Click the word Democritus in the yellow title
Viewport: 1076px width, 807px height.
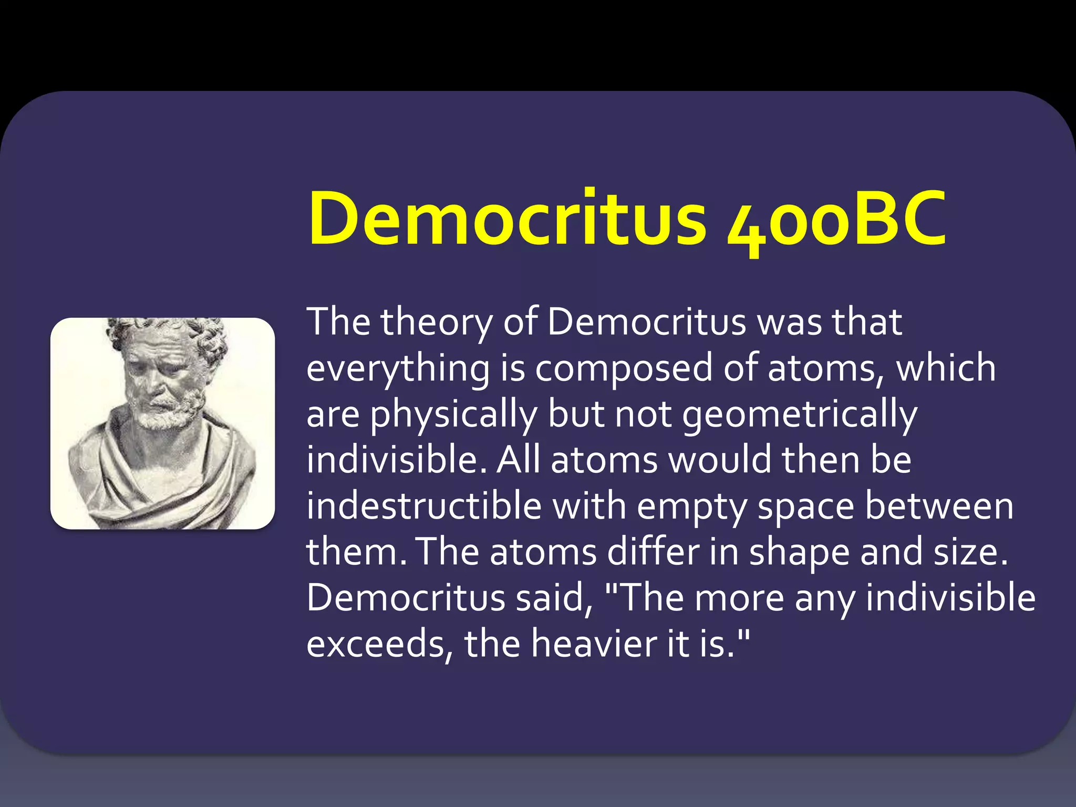coord(507,218)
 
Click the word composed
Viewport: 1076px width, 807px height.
coord(624,369)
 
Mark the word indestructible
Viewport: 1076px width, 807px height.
coord(424,506)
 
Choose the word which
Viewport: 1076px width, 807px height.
coord(946,368)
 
